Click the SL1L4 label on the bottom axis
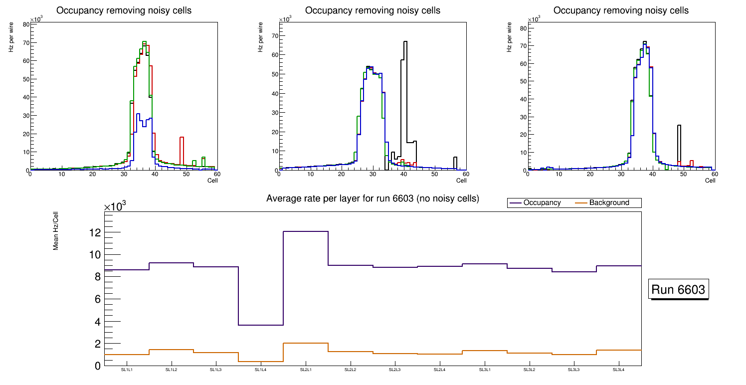point(260,370)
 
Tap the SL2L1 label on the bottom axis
point(305,370)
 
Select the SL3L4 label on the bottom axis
point(618,370)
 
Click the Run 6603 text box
point(679,289)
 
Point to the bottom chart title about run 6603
point(373,198)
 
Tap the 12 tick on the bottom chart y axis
point(95,232)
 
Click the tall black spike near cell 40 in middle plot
point(405,42)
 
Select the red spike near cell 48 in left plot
point(182,137)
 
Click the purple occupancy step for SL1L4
point(260,325)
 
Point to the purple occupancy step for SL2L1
point(305,231)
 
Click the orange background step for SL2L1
point(305,343)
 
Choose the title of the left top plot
point(124,10)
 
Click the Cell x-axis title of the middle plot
point(461,181)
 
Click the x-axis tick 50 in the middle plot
point(434,174)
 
